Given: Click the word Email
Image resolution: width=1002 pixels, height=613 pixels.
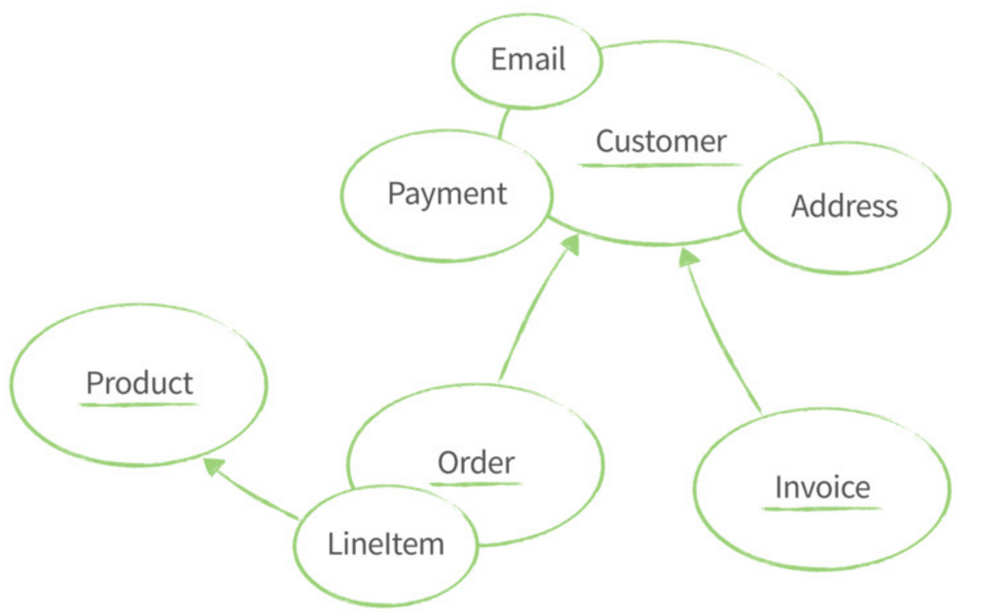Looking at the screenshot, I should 528,60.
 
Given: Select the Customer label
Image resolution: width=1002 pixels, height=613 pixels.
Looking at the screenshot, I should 660,141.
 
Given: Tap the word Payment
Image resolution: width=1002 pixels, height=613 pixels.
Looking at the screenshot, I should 447,194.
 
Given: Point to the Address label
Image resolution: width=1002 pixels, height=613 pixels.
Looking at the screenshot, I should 844,206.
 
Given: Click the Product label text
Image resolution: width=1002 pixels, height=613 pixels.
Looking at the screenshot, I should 139,383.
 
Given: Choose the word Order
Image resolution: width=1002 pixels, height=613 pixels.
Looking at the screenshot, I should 475,463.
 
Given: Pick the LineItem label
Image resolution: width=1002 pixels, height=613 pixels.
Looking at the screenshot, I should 385,544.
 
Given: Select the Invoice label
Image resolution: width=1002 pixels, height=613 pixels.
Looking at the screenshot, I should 822,487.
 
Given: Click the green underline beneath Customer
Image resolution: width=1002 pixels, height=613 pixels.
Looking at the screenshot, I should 660,165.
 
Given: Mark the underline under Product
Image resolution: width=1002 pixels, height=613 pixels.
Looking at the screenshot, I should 139,405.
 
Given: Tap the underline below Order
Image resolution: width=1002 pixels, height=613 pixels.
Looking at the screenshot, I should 475,484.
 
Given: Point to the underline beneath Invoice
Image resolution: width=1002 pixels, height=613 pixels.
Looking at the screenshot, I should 822,509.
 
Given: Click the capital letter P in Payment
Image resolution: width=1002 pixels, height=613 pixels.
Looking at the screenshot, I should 395,194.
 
